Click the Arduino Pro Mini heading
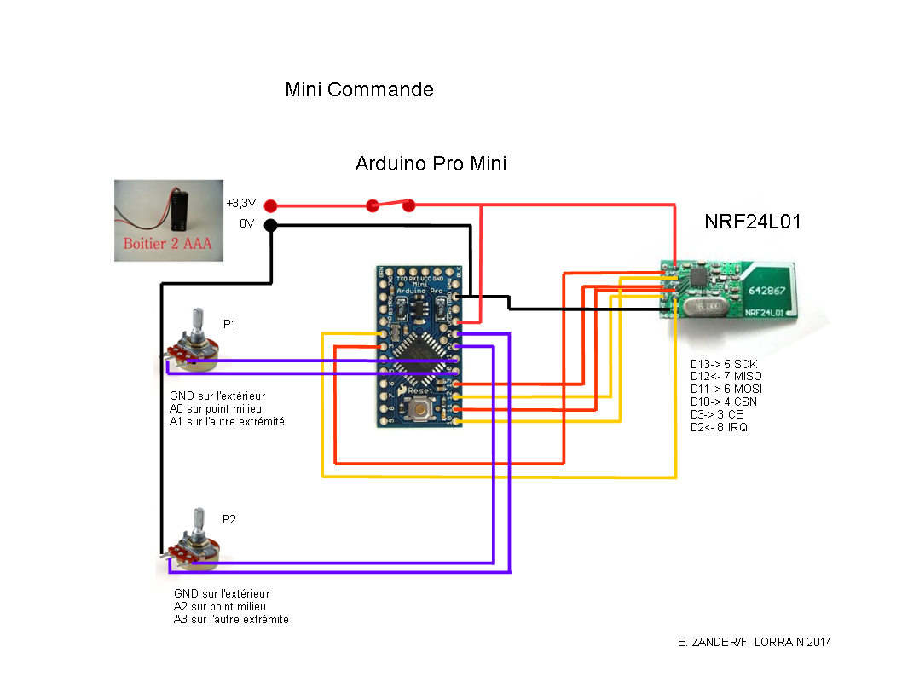pos(431,164)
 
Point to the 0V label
pos(247,224)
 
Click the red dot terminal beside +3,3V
pos(271,205)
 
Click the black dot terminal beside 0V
pos(271,225)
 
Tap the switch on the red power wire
pos(390,205)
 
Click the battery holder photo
pos(166,219)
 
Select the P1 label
pos(230,324)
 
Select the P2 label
pos(229,519)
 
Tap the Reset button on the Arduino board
pos(419,413)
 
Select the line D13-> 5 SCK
pos(723,363)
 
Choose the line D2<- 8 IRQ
pos(719,427)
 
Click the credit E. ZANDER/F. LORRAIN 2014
pos(749,642)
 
